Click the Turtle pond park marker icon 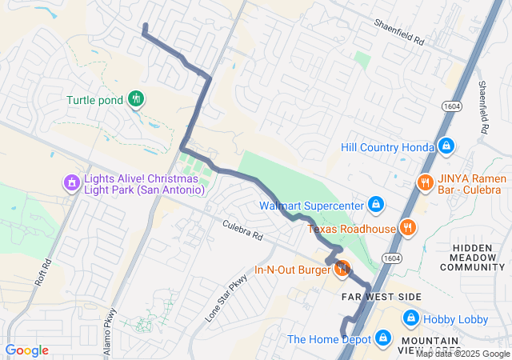pos(136,99)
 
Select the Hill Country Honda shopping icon pos(446,146)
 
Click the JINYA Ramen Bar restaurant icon pos(425,182)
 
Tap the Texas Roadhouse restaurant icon pos(408,228)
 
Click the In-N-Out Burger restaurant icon pos(342,269)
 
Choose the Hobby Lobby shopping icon pos(410,318)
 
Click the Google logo pos(27,350)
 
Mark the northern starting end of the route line pos(145,27)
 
